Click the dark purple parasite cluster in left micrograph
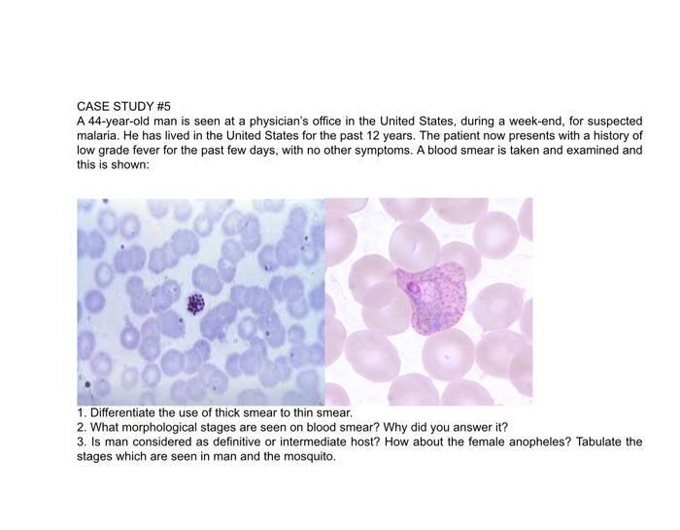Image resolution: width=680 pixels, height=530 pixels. click(x=197, y=305)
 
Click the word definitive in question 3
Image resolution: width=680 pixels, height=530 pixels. click(x=218, y=442)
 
